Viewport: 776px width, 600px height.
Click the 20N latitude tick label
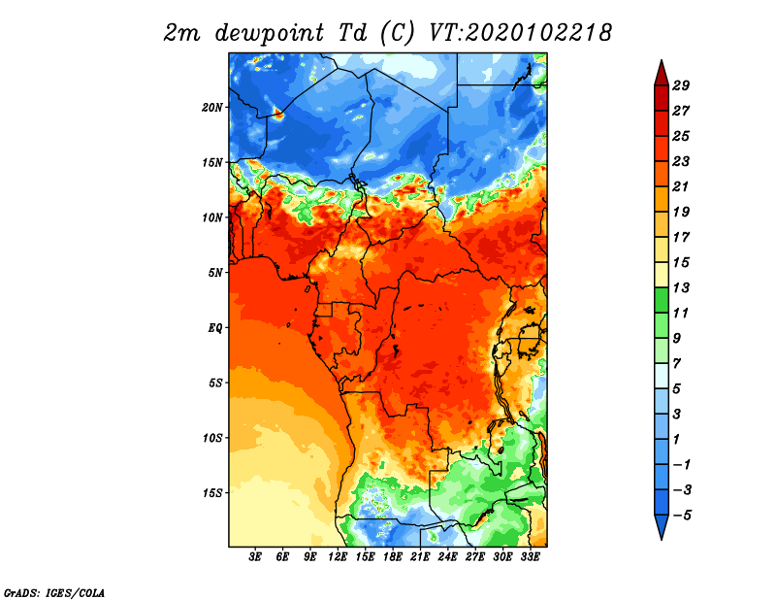point(212,108)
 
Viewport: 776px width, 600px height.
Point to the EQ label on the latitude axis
point(215,328)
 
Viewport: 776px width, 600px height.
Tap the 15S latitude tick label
point(212,493)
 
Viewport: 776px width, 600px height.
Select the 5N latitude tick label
point(215,273)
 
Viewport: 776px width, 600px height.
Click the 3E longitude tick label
point(255,557)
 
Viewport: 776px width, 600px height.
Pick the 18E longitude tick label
point(393,557)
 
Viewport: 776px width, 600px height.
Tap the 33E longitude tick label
point(530,557)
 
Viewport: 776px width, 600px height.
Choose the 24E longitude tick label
point(447,557)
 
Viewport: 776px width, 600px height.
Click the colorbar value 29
point(681,85)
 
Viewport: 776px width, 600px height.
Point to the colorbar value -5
point(682,516)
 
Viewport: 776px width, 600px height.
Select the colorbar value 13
point(681,287)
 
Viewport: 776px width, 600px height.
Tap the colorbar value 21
point(681,186)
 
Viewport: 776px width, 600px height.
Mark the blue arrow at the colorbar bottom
point(662,525)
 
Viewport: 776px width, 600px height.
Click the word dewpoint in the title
point(270,34)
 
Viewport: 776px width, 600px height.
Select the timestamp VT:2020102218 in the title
point(520,33)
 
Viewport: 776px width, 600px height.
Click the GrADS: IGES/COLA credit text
point(54,593)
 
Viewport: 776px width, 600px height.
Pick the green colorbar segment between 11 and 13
point(662,300)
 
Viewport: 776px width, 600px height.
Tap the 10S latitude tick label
point(212,438)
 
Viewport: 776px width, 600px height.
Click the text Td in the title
point(353,33)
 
